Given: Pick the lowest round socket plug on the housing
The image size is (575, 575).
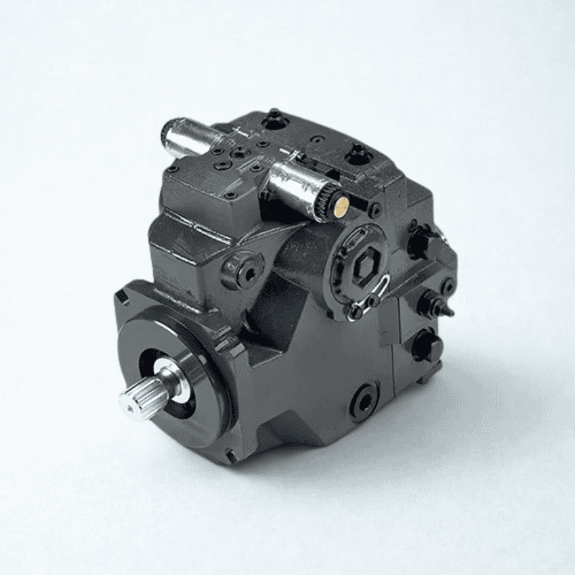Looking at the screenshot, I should pyautogui.click(x=365, y=399).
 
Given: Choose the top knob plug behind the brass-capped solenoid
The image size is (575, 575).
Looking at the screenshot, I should pyautogui.click(x=357, y=153).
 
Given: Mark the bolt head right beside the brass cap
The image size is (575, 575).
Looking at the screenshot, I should pyautogui.click(x=374, y=211).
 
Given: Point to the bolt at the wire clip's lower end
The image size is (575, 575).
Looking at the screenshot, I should pyautogui.click(x=355, y=311).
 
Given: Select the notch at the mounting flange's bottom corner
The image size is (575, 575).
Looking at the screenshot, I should pyautogui.click(x=229, y=456).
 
